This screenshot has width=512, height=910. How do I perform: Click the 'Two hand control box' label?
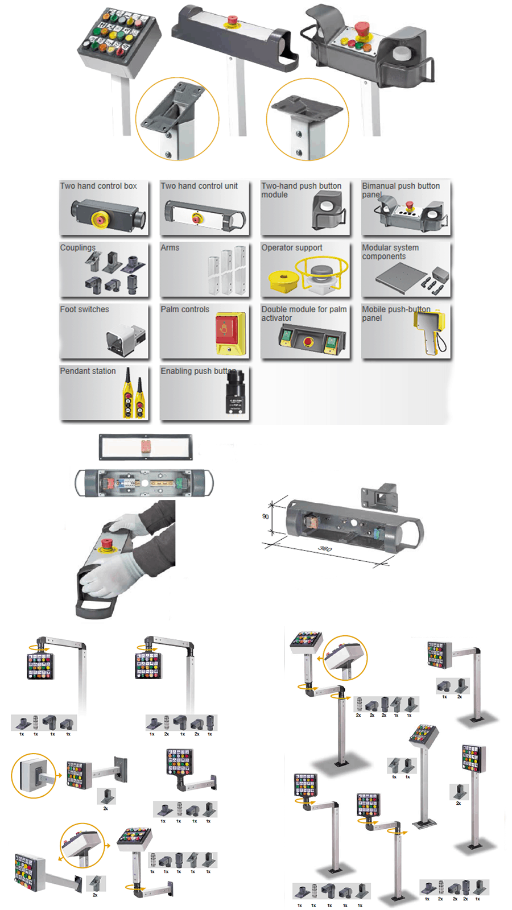click(98, 186)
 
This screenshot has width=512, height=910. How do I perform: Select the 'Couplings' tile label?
click(78, 248)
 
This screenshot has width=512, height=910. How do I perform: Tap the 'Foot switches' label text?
click(84, 309)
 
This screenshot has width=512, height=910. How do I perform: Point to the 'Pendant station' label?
click(88, 371)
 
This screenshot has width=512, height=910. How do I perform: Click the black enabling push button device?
click(235, 392)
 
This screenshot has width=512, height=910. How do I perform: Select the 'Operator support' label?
click(291, 248)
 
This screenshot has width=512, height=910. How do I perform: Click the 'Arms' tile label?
click(170, 248)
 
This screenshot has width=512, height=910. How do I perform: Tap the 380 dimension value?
click(325, 549)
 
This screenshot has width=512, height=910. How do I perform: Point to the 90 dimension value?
click(266, 516)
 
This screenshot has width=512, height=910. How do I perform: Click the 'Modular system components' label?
click(390, 252)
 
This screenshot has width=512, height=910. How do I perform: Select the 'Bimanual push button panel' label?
click(400, 190)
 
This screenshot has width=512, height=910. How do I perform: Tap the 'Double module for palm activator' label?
click(304, 313)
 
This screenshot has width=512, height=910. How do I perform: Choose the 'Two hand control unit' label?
click(199, 186)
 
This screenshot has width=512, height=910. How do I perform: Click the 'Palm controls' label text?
click(185, 309)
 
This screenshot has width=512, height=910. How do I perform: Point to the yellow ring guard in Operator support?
click(321, 270)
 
